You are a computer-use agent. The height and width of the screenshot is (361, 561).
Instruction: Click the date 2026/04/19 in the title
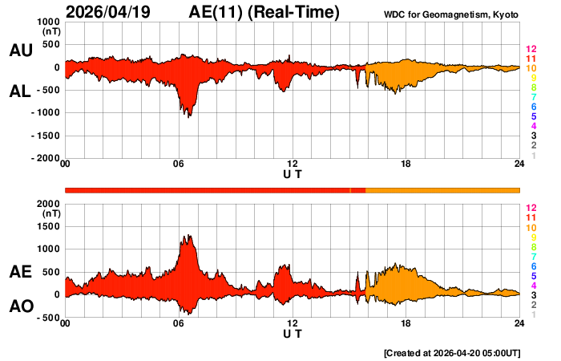111,12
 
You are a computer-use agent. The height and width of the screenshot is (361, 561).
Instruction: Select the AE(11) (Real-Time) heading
264,12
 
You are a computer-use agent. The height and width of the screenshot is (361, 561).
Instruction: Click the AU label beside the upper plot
21,51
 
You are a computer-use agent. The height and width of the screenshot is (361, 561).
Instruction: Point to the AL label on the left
21,92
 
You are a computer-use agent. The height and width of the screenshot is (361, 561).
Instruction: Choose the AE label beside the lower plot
21,272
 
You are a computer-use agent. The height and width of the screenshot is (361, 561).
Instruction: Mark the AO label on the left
21,306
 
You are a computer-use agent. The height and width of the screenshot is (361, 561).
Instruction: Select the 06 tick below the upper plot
179,164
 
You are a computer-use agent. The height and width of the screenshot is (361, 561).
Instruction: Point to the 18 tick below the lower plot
406,323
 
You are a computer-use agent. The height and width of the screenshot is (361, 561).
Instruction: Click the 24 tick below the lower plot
519,323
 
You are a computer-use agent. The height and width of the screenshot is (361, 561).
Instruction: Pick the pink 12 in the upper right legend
531,50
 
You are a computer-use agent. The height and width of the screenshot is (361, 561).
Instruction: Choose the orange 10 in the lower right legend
531,228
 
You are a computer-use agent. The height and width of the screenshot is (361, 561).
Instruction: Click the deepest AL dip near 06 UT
189,117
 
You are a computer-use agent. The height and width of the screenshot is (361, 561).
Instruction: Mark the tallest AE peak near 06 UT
189,235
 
